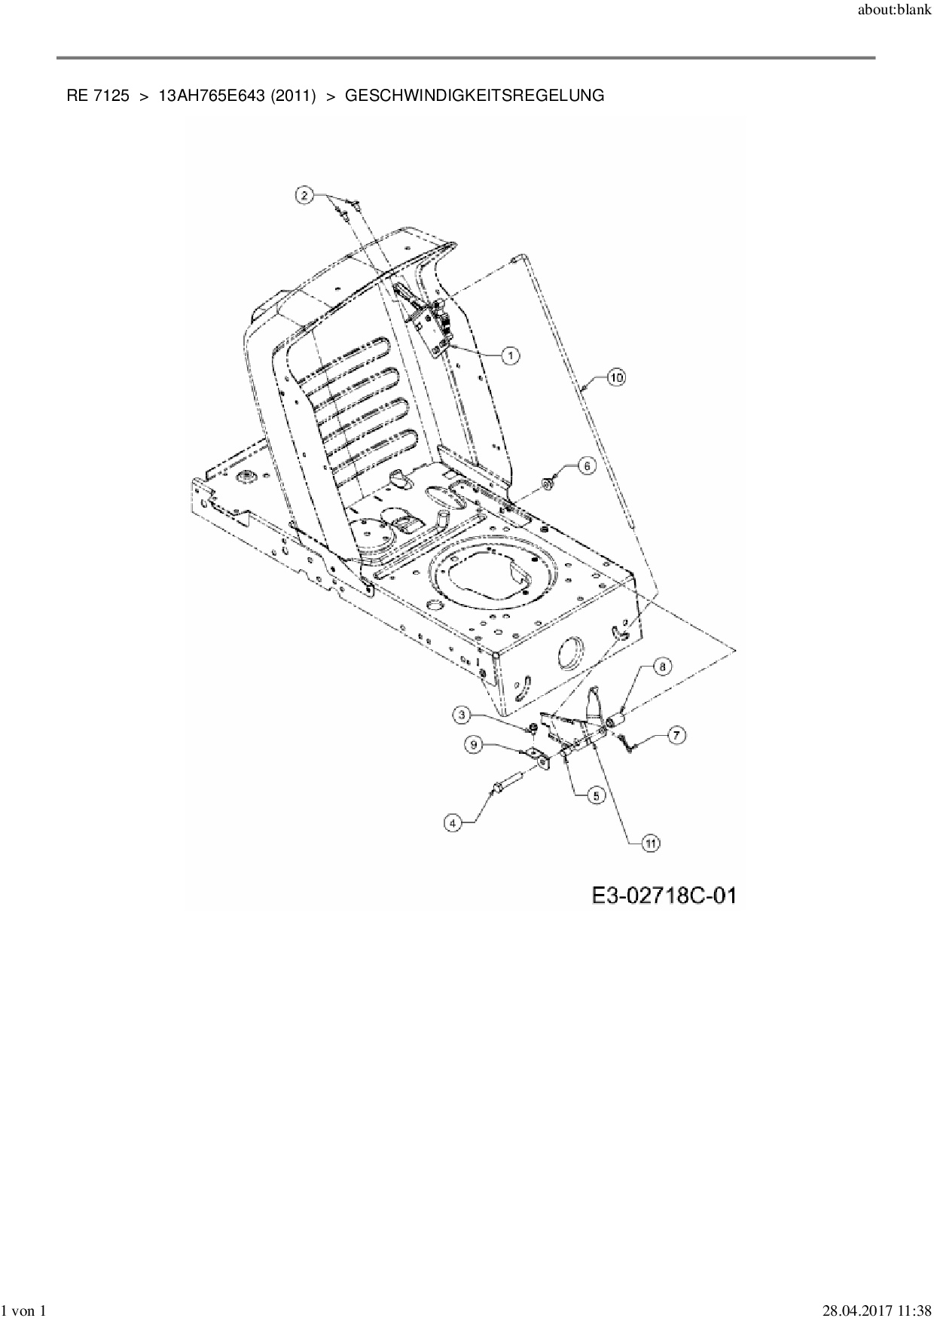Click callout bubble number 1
[x=511, y=355]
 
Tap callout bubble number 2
[x=304, y=195]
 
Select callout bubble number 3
[x=463, y=713]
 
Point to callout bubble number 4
[x=453, y=823]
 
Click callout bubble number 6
[x=587, y=465]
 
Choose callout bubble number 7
[x=676, y=735]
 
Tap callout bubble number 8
[x=661, y=667]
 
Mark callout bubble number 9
[x=474, y=744]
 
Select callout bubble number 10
[x=616, y=377]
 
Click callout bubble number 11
[x=649, y=844]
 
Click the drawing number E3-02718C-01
[x=663, y=895]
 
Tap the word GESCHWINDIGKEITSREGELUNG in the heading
[x=474, y=96]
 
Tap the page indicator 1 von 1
[x=25, y=1310]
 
